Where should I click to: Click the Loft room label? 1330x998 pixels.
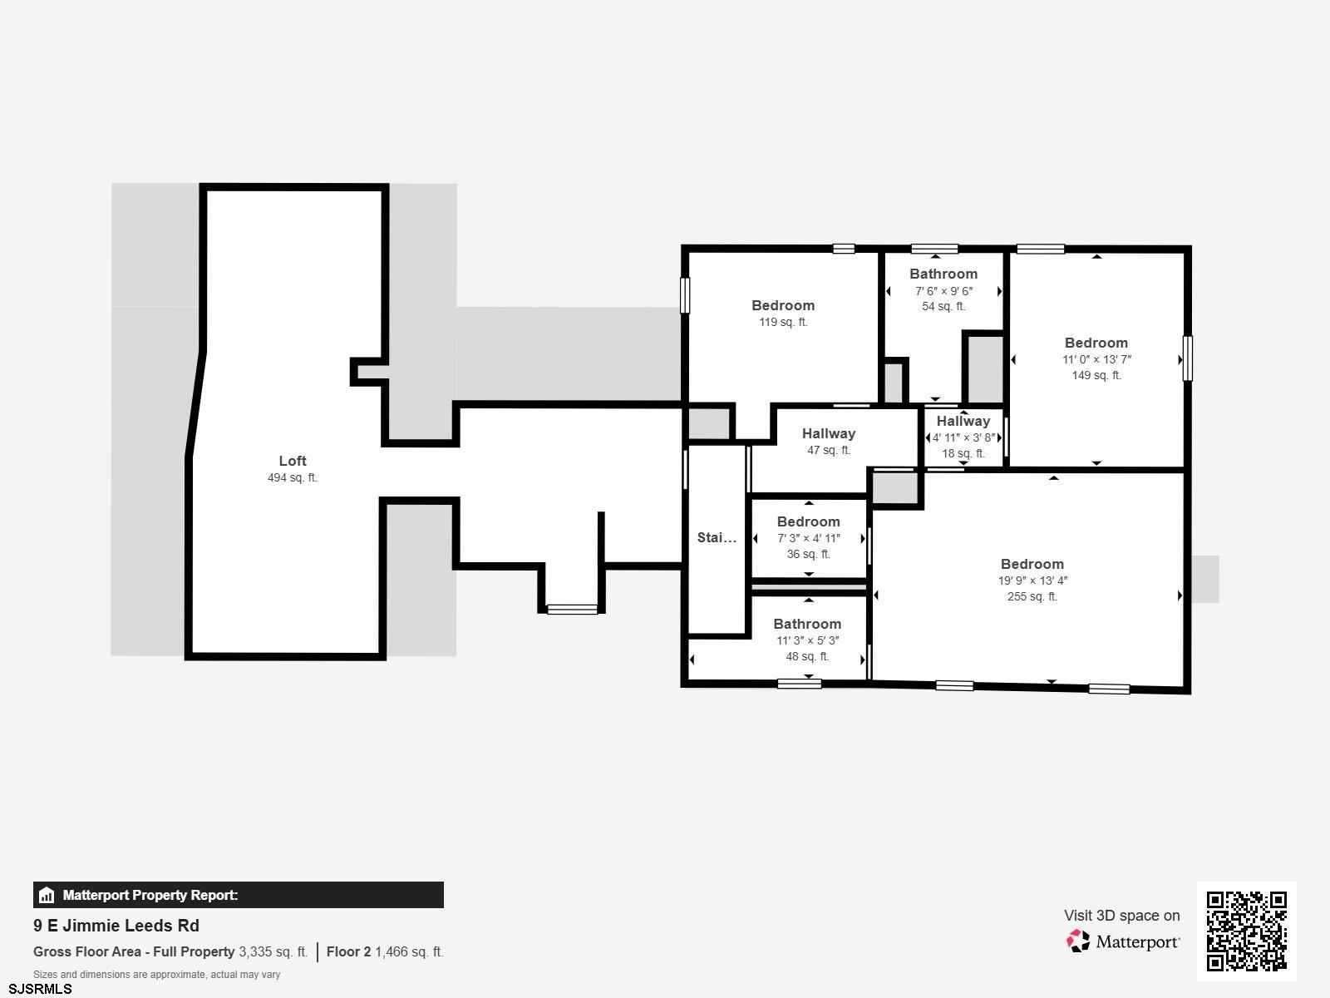[x=292, y=461]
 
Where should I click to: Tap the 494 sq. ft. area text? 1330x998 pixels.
[x=292, y=477]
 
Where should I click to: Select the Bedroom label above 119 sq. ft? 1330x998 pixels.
[x=783, y=305]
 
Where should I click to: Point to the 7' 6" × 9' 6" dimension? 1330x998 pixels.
[x=943, y=291]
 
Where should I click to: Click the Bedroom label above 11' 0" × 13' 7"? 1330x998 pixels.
[x=1096, y=343]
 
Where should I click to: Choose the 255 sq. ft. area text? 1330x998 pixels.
[x=1032, y=596]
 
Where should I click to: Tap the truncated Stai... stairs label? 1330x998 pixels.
[x=717, y=537]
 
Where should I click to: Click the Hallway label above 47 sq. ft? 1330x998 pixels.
[x=828, y=434]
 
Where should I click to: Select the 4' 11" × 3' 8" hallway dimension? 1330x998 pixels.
[x=963, y=437]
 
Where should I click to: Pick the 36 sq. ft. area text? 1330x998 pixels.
[x=808, y=554]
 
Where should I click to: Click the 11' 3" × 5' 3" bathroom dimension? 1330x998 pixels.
[x=807, y=640]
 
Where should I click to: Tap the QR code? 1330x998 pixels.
[x=1246, y=931]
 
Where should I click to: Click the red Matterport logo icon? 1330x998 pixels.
[x=1078, y=941]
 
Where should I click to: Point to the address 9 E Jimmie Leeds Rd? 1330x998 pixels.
[x=116, y=926]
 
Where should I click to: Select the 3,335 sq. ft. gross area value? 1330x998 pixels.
[x=273, y=952]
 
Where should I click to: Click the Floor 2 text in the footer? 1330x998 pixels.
[x=348, y=952]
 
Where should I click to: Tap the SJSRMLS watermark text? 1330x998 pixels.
[x=40, y=990]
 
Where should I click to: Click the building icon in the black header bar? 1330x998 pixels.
[x=46, y=895]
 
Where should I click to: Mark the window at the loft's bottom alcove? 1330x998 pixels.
[x=572, y=609]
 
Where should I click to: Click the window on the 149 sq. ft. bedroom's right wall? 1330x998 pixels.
[x=1188, y=358]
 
